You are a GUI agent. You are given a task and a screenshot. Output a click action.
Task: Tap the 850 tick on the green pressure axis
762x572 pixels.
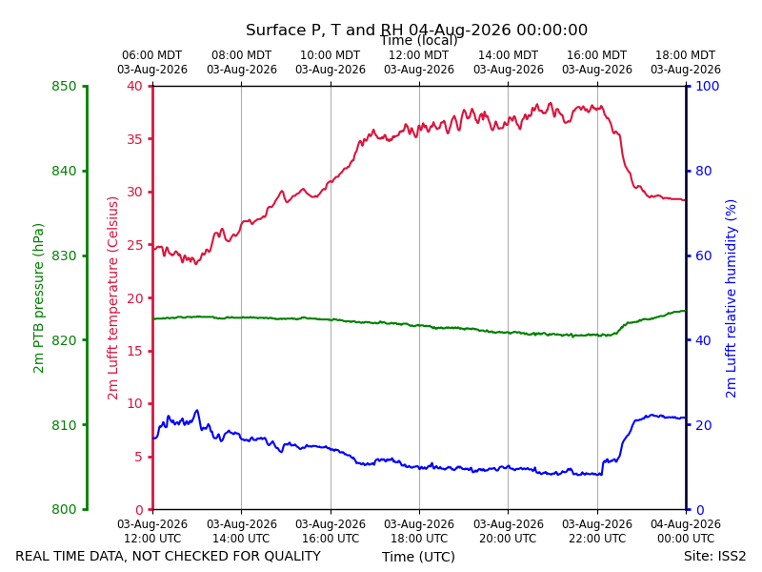click(64, 86)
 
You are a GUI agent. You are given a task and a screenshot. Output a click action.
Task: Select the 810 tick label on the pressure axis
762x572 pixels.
click(64, 425)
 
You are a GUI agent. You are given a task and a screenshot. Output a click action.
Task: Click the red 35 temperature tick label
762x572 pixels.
click(135, 139)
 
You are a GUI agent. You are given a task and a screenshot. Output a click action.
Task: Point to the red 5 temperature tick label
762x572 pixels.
click(139, 457)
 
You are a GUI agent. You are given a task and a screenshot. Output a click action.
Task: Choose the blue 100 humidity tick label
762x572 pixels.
click(708, 86)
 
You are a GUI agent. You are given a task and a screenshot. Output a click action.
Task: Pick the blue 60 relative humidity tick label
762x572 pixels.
click(704, 255)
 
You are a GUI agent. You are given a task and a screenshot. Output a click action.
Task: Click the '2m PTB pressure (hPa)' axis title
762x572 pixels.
click(38, 298)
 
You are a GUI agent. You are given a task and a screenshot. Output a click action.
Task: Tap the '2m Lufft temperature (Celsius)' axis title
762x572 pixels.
click(112, 298)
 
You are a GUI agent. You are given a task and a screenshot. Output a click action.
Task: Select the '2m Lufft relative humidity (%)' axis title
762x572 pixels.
click(731, 298)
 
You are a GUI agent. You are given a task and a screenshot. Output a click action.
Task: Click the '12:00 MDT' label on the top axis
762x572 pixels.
click(419, 55)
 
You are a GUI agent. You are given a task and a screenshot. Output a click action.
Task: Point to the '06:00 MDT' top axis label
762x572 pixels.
click(152, 55)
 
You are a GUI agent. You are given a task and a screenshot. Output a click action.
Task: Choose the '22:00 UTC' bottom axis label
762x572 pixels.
click(597, 539)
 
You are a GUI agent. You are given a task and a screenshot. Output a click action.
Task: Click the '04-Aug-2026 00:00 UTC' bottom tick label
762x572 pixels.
click(686, 531)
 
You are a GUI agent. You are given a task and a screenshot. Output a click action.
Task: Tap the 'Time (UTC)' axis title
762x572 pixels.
click(418, 557)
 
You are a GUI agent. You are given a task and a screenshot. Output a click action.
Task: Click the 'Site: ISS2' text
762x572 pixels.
click(714, 556)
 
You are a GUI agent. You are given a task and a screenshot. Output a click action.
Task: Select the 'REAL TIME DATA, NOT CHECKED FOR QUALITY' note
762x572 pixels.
click(169, 556)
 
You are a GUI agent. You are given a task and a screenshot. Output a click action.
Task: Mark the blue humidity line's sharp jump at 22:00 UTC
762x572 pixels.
click(603, 467)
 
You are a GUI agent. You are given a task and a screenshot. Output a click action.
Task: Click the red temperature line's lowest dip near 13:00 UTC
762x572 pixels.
click(196, 263)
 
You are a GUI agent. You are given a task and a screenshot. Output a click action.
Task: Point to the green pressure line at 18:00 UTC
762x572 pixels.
click(419, 325)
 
